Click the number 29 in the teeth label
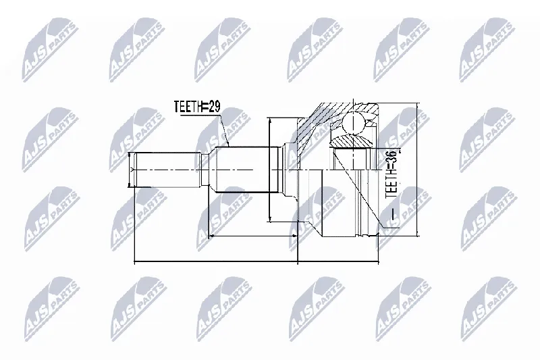pyautogui.click(x=213, y=107)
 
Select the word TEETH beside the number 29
pyautogui.click(x=187, y=107)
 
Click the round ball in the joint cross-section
pyautogui.click(x=353, y=123)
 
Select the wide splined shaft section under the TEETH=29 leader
pyautogui.click(x=242, y=170)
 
